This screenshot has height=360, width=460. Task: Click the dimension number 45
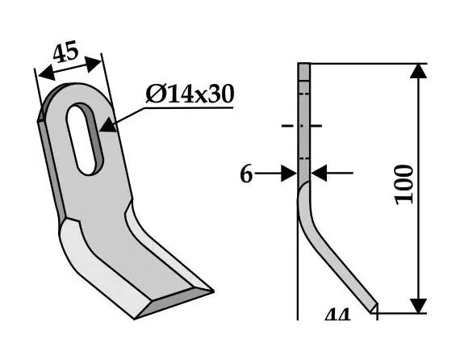pyautogui.click(x=65, y=54)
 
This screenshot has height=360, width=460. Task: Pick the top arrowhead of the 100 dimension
pyautogui.click(x=417, y=70)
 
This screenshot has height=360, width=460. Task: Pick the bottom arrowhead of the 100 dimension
pyautogui.click(x=417, y=305)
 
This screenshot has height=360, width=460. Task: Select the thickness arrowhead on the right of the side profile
pyautogui.click(x=318, y=172)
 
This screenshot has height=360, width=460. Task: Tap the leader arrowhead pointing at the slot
pyautogui.click(x=109, y=123)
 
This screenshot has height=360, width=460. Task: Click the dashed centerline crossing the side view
pyautogui.click(x=303, y=126)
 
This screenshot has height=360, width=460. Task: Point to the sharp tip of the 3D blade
pyautogui.click(x=211, y=291)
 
